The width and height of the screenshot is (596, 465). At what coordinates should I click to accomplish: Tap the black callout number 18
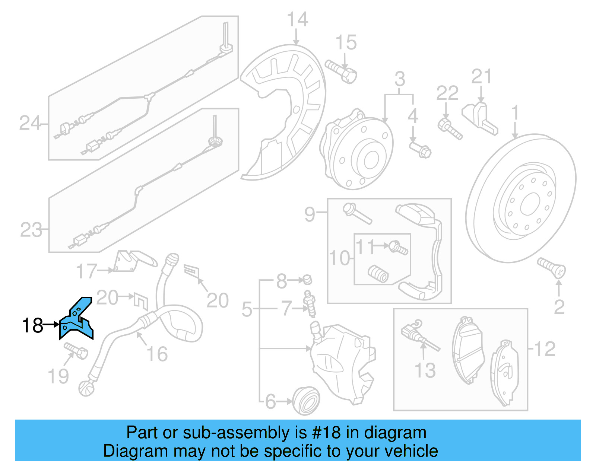pyautogui.click(x=32, y=326)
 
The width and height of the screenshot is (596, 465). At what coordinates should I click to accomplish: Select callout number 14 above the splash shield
pyautogui.click(x=297, y=19)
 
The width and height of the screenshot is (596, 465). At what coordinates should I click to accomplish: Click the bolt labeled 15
pyautogui.click(x=341, y=72)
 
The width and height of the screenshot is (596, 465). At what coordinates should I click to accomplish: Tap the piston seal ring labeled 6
pyautogui.click(x=306, y=401)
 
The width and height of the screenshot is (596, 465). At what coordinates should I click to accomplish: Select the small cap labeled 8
pyautogui.click(x=307, y=279)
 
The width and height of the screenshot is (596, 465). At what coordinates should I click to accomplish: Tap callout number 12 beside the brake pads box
pyautogui.click(x=545, y=349)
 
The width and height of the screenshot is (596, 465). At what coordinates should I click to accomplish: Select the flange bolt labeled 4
pyautogui.click(x=420, y=149)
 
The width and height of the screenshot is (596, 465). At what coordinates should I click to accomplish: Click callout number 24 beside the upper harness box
pyautogui.click(x=29, y=123)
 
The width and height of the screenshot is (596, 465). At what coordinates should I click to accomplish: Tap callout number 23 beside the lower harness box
pyautogui.click(x=31, y=230)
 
